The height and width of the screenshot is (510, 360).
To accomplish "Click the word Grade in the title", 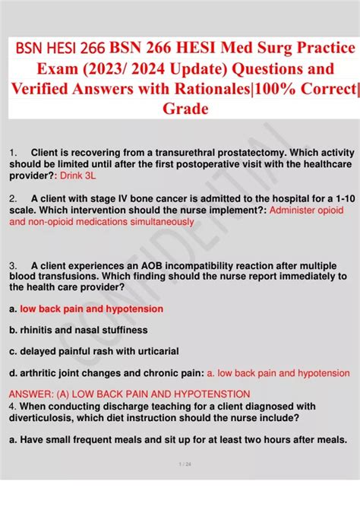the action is pos(185,109).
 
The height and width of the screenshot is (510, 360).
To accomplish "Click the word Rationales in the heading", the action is pos(212,89).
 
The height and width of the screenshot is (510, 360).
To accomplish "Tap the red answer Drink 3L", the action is pos(78,176).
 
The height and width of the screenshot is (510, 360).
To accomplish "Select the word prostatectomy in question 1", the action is pos(252,153).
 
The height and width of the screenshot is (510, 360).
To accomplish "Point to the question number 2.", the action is pos(13,198).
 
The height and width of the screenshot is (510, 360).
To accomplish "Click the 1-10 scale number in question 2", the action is pos(346,198).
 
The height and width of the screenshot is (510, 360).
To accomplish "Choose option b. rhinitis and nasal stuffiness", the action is pos(78,330).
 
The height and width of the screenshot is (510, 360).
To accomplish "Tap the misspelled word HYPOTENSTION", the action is pos(212,394).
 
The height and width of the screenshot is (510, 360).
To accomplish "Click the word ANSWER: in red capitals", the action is pos(31,394).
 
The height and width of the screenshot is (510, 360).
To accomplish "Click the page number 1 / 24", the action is pos(185,464).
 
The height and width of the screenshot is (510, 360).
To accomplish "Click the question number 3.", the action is pos(13,266).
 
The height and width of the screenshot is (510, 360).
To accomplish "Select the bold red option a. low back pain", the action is pos(86,309).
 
